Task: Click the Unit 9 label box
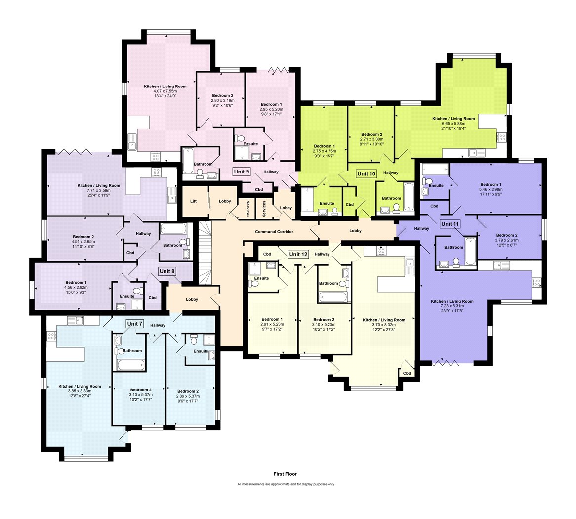coord(242,172)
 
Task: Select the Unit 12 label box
coord(298,254)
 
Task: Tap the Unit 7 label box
coord(134,324)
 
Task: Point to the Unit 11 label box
coord(450,224)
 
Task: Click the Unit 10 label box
coord(366,174)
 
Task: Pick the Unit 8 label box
coord(167,271)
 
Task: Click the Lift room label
coord(194,201)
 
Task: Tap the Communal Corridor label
coord(274,232)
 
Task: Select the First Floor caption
coord(285,474)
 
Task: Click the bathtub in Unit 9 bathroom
coord(188,161)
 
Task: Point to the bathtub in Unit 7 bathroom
coord(131,365)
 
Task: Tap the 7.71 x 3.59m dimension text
coord(98,190)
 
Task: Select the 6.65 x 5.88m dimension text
coord(453,124)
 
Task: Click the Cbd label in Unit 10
coord(350,204)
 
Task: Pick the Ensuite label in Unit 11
coord(436,186)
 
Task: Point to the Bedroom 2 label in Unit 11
coord(506,235)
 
